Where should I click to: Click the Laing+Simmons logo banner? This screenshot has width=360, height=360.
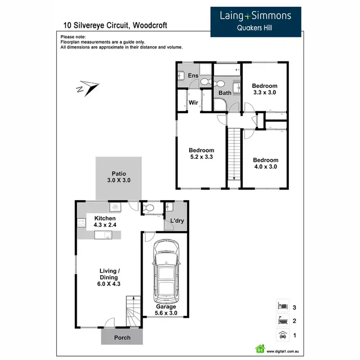tap(256, 22)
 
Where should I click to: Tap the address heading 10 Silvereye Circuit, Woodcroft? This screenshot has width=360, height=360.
tap(116, 25)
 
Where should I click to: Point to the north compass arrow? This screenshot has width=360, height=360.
tap(87, 88)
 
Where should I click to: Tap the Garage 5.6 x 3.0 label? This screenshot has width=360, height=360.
tap(165, 310)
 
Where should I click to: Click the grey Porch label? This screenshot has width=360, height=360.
tap(122, 337)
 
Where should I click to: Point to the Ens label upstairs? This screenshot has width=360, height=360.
tap(192, 76)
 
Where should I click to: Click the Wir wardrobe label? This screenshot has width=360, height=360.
tap(193, 102)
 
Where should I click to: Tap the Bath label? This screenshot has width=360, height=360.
tap(225, 93)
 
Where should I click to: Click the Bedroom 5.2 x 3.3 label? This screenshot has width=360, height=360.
tap(201, 153)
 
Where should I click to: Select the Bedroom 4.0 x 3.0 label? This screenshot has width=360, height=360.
tap(265, 163)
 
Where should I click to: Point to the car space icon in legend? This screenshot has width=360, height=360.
tap(283, 335)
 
